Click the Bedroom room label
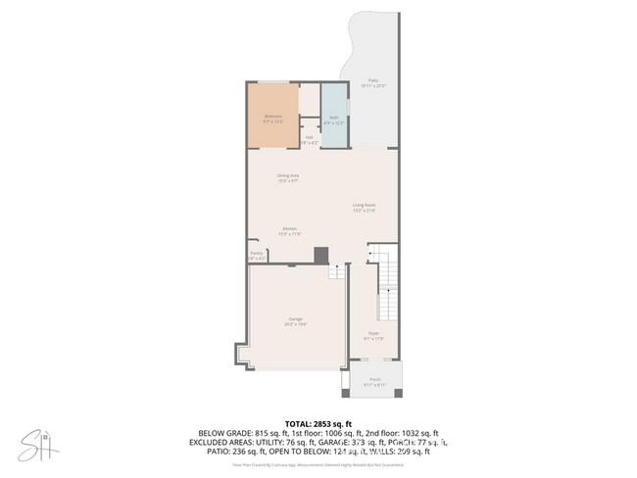click(x=273, y=118)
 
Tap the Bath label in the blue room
click(x=333, y=118)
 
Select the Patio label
click(x=372, y=82)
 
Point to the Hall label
click(x=309, y=139)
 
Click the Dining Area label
click(x=288, y=177)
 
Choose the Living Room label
click(x=365, y=207)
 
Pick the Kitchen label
click(x=289, y=231)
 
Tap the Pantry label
click(x=257, y=255)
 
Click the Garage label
click(x=295, y=320)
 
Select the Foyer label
click(x=373, y=335)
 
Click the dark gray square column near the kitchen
click(x=320, y=255)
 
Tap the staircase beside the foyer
click(x=388, y=289)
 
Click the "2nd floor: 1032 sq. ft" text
click(x=401, y=433)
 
